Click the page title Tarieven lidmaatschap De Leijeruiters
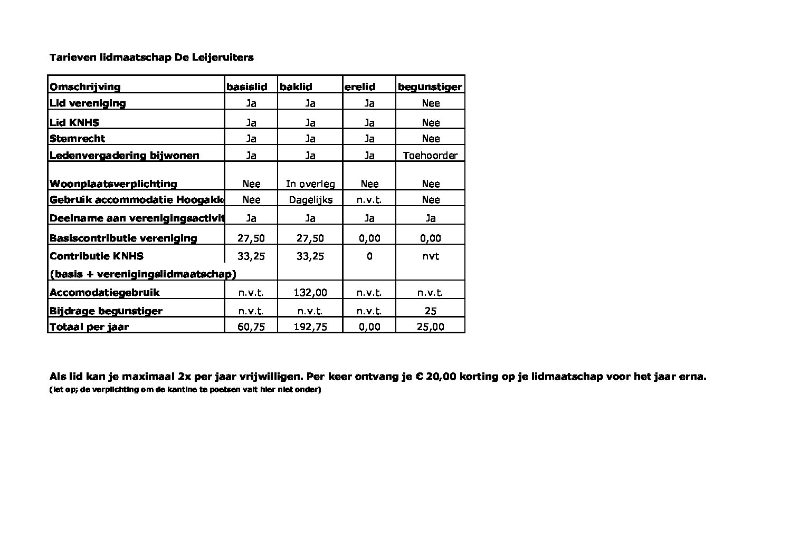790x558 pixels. click(151, 57)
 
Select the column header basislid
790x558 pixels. click(247, 87)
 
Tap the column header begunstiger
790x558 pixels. click(430, 87)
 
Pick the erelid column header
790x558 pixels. click(360, 87)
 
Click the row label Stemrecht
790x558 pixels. click(77, 139)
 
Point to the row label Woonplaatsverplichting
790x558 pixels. click(113, 184)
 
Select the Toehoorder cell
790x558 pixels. click(430, 156)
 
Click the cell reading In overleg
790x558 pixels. click(310, 184)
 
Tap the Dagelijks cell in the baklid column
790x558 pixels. click(311, 200)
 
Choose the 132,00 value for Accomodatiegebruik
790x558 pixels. click(310, 293)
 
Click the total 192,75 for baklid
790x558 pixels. click(310, 327)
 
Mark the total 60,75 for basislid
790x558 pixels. click(251, 327)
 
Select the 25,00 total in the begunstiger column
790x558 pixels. click(430, 327)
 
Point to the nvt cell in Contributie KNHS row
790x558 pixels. click(431, 256)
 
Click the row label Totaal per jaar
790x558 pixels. click(89, 327)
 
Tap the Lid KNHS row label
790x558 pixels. click(74, 123)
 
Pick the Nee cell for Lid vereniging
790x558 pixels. click(431, 103)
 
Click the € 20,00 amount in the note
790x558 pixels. click(436, 377)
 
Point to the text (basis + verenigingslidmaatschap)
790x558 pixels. click(142, 274)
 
